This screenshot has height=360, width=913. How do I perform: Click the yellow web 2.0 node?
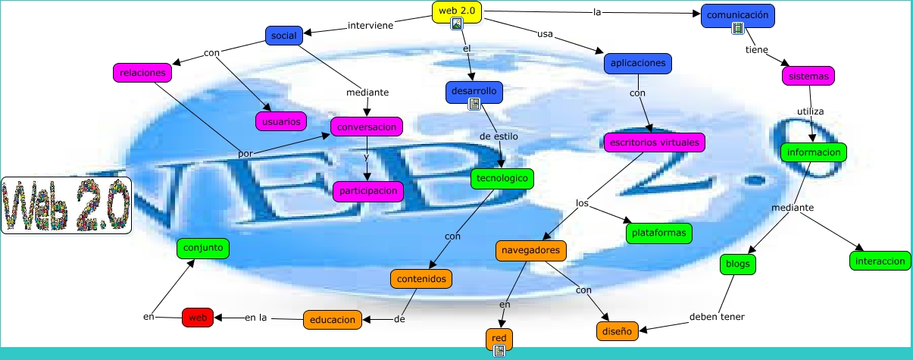(x=457, y=11)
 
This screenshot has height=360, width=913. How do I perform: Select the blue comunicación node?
(x=738, y=14)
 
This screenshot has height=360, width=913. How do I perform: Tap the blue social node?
(x=284, y=35)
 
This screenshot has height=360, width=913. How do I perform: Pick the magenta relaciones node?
(x=143, y=73)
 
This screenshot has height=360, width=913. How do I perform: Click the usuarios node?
(x=281, y=121)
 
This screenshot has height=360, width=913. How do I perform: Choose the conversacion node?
(x=367, y=126)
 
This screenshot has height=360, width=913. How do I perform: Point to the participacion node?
(x=368, y=191)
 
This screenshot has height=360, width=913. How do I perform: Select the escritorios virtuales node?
(x=654, y=142)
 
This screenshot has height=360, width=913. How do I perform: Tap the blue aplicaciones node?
(x=638, y=63)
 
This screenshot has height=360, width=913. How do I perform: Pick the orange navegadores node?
(x=531, y=249)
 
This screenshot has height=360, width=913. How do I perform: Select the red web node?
(x=198, y=318)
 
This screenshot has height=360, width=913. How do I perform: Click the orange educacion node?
(x=331, y=320)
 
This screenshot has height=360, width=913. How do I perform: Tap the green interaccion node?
(x=878, y=260)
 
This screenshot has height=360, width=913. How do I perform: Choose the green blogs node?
(x=737, y=263)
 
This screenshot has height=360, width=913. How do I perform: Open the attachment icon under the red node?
(x=499, y=350)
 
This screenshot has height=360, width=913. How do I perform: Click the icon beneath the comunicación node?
(x=738, y=29)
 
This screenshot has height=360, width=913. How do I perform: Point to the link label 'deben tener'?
(x=717, y=317)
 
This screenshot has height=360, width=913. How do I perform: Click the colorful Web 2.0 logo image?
(x=66, y=205)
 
